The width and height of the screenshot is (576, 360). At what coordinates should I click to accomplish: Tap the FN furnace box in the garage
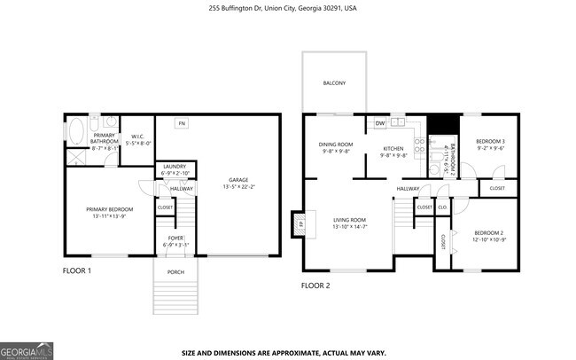click(x=181, y=123)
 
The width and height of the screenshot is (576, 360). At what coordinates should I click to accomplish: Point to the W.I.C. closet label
click(x=137, y=139)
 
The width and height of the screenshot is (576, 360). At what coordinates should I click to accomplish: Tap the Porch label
click(x=175, y=272)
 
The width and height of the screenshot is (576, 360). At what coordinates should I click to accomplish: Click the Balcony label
click(x=334, y=84)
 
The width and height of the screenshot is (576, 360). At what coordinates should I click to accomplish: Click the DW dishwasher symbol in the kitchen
click(x=379, y=123)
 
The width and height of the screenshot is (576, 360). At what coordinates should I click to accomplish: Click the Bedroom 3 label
click(x=490, y=145)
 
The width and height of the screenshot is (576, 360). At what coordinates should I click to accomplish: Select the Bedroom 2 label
click(x=488, y=236)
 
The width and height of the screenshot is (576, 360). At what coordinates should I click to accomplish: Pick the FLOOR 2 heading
click(x=315, y=286)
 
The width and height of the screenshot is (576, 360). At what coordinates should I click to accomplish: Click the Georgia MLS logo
click(x=27, y=350)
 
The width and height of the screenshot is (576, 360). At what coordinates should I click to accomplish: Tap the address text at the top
click(x=288, y=7)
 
